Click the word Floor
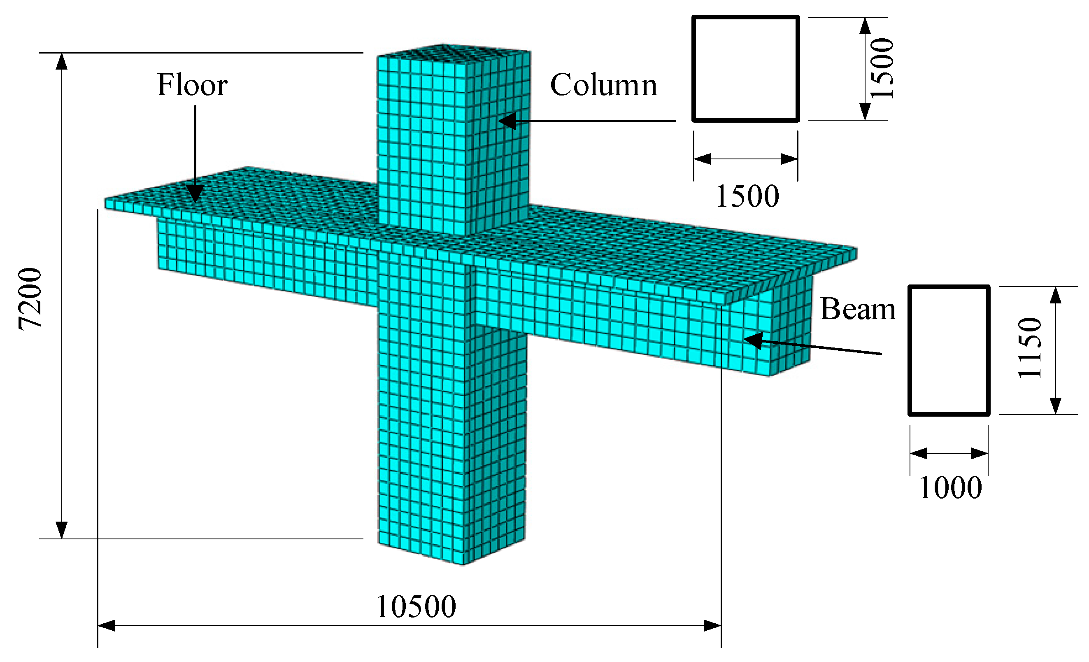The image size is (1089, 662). click(192, 85)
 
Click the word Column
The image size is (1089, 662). click(603, 85)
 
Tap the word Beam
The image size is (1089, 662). click(857, 309)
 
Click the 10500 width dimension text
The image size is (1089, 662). click(415, 607)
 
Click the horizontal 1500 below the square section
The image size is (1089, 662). click(747, 196)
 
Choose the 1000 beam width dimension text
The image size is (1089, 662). click(950, 488)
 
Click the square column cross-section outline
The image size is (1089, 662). click(746, 18)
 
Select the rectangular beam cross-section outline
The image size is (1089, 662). click(949, 287)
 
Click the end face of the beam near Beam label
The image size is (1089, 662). click(791, 327)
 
